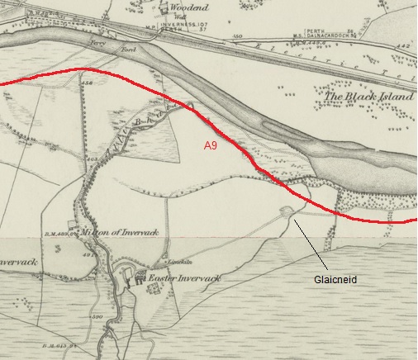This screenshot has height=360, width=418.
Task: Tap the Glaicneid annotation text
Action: click(335, 280)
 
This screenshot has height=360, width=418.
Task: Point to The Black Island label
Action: click(361, 97)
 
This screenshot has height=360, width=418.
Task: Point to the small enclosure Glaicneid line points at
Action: click(287, 211)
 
